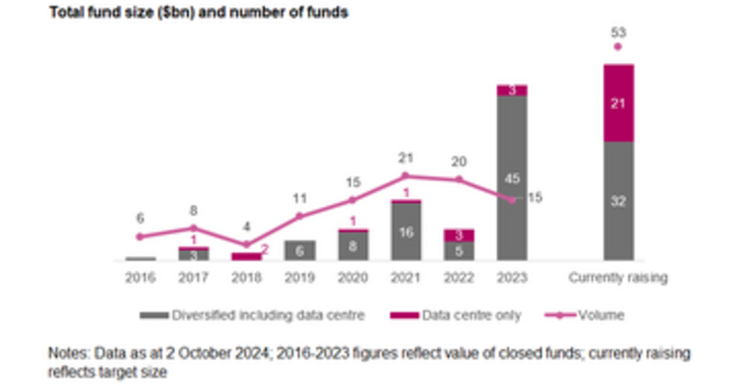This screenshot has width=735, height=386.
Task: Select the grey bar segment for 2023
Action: (x=512, y=153)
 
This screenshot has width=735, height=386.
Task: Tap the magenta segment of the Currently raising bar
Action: (x=618, y=103)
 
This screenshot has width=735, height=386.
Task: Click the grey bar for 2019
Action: (x=300, y=250)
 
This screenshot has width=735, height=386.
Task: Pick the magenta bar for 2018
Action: (x=246, y=257)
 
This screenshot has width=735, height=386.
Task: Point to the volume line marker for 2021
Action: (x=405, y=176)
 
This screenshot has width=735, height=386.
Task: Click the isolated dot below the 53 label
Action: (x=618, y=47)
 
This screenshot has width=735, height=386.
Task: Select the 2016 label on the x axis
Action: (x=140, y=278)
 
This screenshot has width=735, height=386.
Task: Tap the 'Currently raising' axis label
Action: (x=618, y=278)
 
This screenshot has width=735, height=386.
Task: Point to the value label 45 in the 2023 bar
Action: (x=512, y=178)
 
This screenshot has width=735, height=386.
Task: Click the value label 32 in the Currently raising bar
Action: (x=618, y=201)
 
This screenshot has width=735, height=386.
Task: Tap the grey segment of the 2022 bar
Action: (x=459, y=251)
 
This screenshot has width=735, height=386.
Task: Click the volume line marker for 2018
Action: (x=246, y=244)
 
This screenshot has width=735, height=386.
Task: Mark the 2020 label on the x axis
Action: (x=352, y=278)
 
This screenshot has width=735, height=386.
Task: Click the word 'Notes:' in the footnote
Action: (x=68, y=354)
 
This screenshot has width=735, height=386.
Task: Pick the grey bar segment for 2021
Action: (x=405, y=232)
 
